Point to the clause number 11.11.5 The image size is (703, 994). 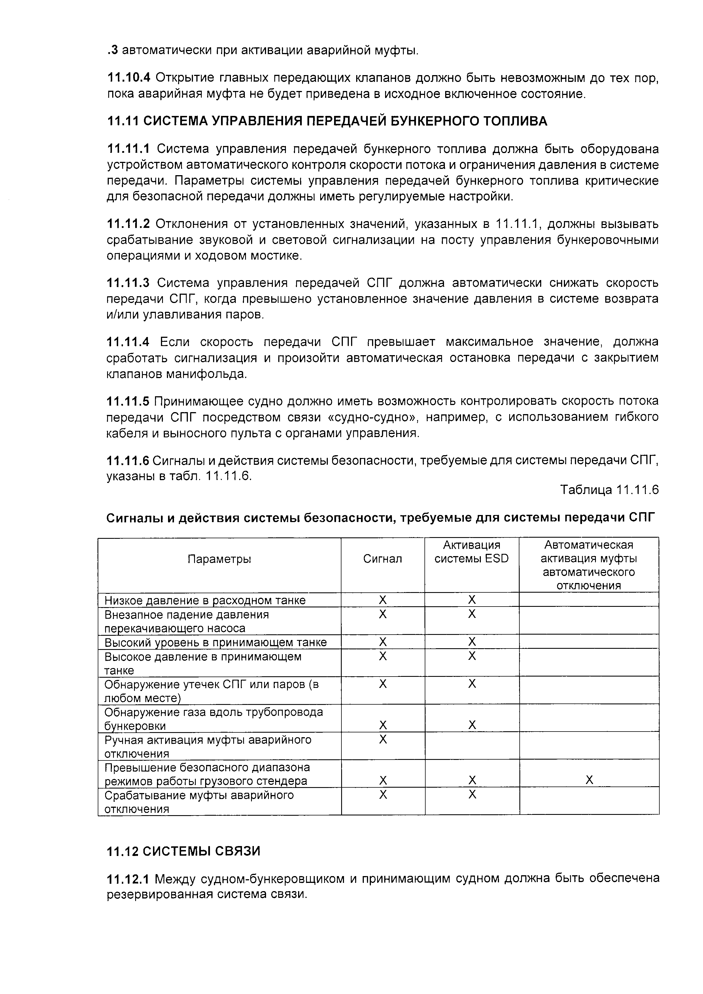tap(128, 401)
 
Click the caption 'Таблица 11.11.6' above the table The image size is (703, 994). tap(609, 490)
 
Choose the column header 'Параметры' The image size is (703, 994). tap(220, 559)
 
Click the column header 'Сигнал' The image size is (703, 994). tap(382, 559)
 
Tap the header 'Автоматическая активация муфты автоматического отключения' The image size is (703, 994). tap(589, 565)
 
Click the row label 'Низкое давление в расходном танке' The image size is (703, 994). tap(205, 601)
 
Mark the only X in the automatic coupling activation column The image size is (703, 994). tap(589, 780)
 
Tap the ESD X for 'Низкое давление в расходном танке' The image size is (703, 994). tap(472, 600)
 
